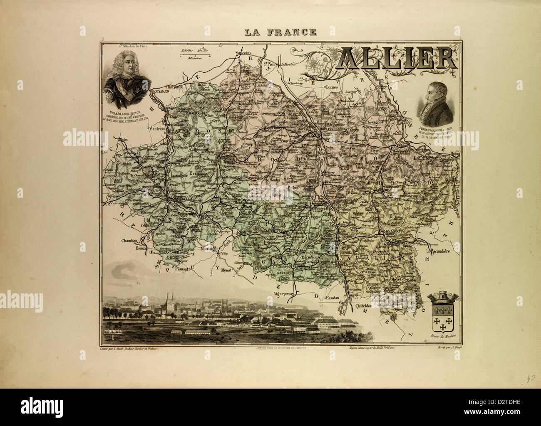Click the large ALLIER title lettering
coord(398,58)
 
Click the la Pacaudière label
coord(442,251)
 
